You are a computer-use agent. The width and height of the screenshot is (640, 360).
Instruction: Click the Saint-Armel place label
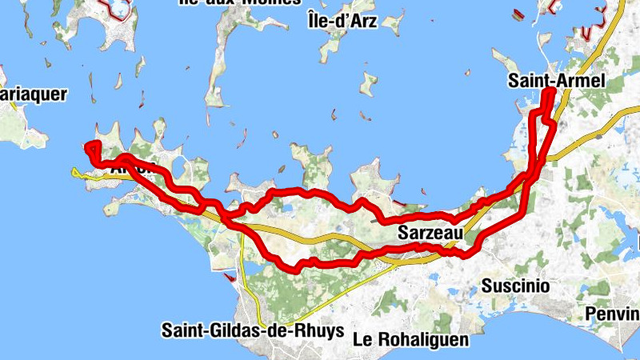coord(555,80)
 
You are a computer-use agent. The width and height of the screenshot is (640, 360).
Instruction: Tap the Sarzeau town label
coord(430,234)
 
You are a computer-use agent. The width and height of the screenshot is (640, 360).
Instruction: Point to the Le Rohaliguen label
coord(410,338)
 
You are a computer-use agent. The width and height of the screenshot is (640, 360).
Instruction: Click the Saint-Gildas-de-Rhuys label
coord(252,330)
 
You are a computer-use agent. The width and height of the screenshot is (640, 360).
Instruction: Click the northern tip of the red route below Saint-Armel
coord(550,92)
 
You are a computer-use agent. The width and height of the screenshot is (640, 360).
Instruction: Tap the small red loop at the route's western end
coord(91,147)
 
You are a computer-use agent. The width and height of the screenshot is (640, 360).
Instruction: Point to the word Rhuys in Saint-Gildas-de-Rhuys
coord(320,330)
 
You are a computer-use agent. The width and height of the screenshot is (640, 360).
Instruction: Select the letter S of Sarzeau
coord(402,234)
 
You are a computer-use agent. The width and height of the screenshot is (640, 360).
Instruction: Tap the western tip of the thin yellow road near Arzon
coord(73,170)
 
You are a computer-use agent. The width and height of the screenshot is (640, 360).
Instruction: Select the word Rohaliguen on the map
coord(422,338)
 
